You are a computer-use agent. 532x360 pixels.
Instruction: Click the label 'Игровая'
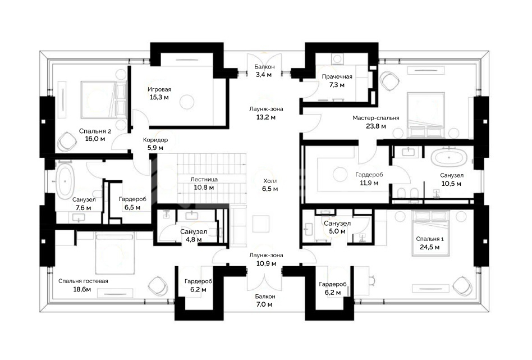(159, 89)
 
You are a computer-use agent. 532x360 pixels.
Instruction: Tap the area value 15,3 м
(159, 98)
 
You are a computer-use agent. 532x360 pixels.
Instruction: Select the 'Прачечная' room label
(337, 77)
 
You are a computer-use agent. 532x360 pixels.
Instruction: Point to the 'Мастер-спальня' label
(375, 118)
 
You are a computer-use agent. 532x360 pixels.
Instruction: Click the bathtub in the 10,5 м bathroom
(449, 158)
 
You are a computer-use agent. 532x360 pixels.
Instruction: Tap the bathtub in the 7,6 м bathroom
(65, 182)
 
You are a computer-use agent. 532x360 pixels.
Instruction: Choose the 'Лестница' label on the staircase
(204, 179)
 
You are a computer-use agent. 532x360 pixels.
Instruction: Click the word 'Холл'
(270, 181)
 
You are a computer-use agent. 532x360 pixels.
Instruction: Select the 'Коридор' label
(155, 140)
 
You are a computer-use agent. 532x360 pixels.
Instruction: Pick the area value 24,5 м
(429, 247)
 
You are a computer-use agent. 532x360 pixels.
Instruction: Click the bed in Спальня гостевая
(115, 253)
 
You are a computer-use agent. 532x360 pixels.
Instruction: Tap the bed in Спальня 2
(103, 99)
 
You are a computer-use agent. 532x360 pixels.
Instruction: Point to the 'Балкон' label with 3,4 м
(265, 67)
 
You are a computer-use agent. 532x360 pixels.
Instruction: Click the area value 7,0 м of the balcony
(264, 304)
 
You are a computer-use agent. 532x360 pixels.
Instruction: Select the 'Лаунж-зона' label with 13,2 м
(266, 109)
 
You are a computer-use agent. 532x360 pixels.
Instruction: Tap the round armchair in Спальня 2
(66, 142)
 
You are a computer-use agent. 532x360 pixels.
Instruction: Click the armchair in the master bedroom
(391, 81)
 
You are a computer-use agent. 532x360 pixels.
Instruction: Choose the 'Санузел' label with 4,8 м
(194, 232)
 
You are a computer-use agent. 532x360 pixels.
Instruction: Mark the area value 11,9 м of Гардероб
(369, 183)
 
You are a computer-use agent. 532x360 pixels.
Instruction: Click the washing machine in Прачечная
(337, 59)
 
